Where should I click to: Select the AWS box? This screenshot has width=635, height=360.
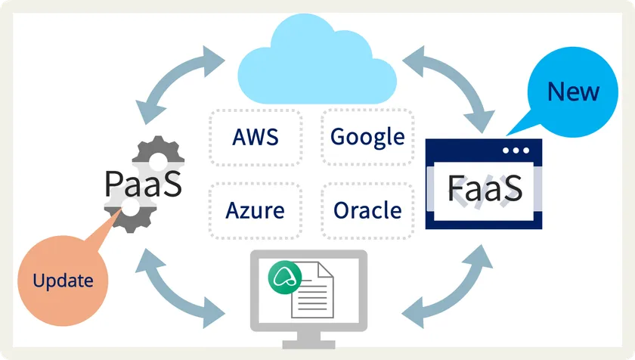pyautogui.click(x=256, y=137)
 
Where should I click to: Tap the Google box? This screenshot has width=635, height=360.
pyautogui.click(x=368, y=137)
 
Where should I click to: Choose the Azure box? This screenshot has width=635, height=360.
pyautogui.click(x=256, y=209)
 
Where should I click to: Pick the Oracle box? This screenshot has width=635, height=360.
pyautogui.click(x=368, y=209)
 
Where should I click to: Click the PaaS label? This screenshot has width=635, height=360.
pyautogui.click(x=144, y=184)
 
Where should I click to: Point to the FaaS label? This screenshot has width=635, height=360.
pyautogui.click(x=485, y=188)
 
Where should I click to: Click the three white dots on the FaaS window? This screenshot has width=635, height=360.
pyautogui.click(x=516, y=151)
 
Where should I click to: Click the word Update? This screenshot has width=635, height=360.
pyautogui.click(x=63, y=281)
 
